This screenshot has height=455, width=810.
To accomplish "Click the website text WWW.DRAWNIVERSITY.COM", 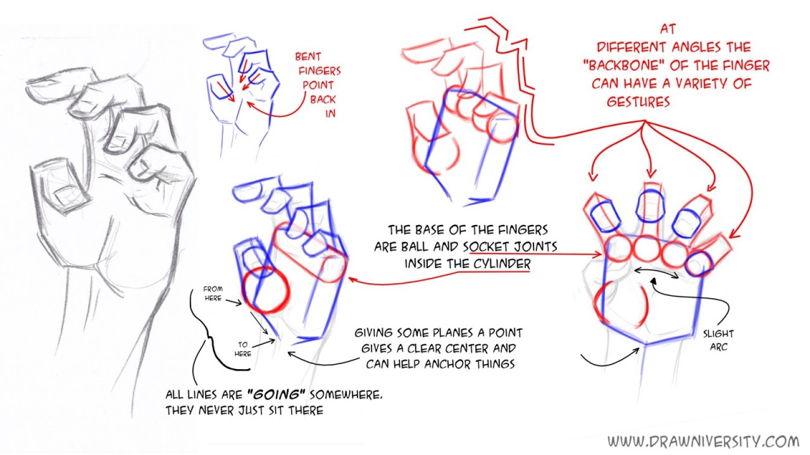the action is [x=703, y=441].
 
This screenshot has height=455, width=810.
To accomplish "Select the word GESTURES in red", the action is [x=639, y=102].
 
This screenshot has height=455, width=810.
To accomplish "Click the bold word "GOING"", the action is [x=276, y=395].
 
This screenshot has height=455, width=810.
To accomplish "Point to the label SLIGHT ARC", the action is [x=718, y=340].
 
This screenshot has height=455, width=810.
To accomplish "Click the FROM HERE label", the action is [x=213, y=293].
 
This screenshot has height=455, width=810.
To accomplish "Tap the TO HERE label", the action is [x=242, y=349].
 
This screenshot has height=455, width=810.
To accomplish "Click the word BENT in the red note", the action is [x=308, y=57].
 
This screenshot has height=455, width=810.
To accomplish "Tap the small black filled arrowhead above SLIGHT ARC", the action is [x=653, y=281].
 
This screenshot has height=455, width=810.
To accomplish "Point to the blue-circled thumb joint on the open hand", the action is [x=699, y=264].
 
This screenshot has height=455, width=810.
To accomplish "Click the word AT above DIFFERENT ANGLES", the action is [x=668, y=29].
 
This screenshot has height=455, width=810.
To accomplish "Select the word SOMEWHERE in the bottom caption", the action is [x=346, y=395].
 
